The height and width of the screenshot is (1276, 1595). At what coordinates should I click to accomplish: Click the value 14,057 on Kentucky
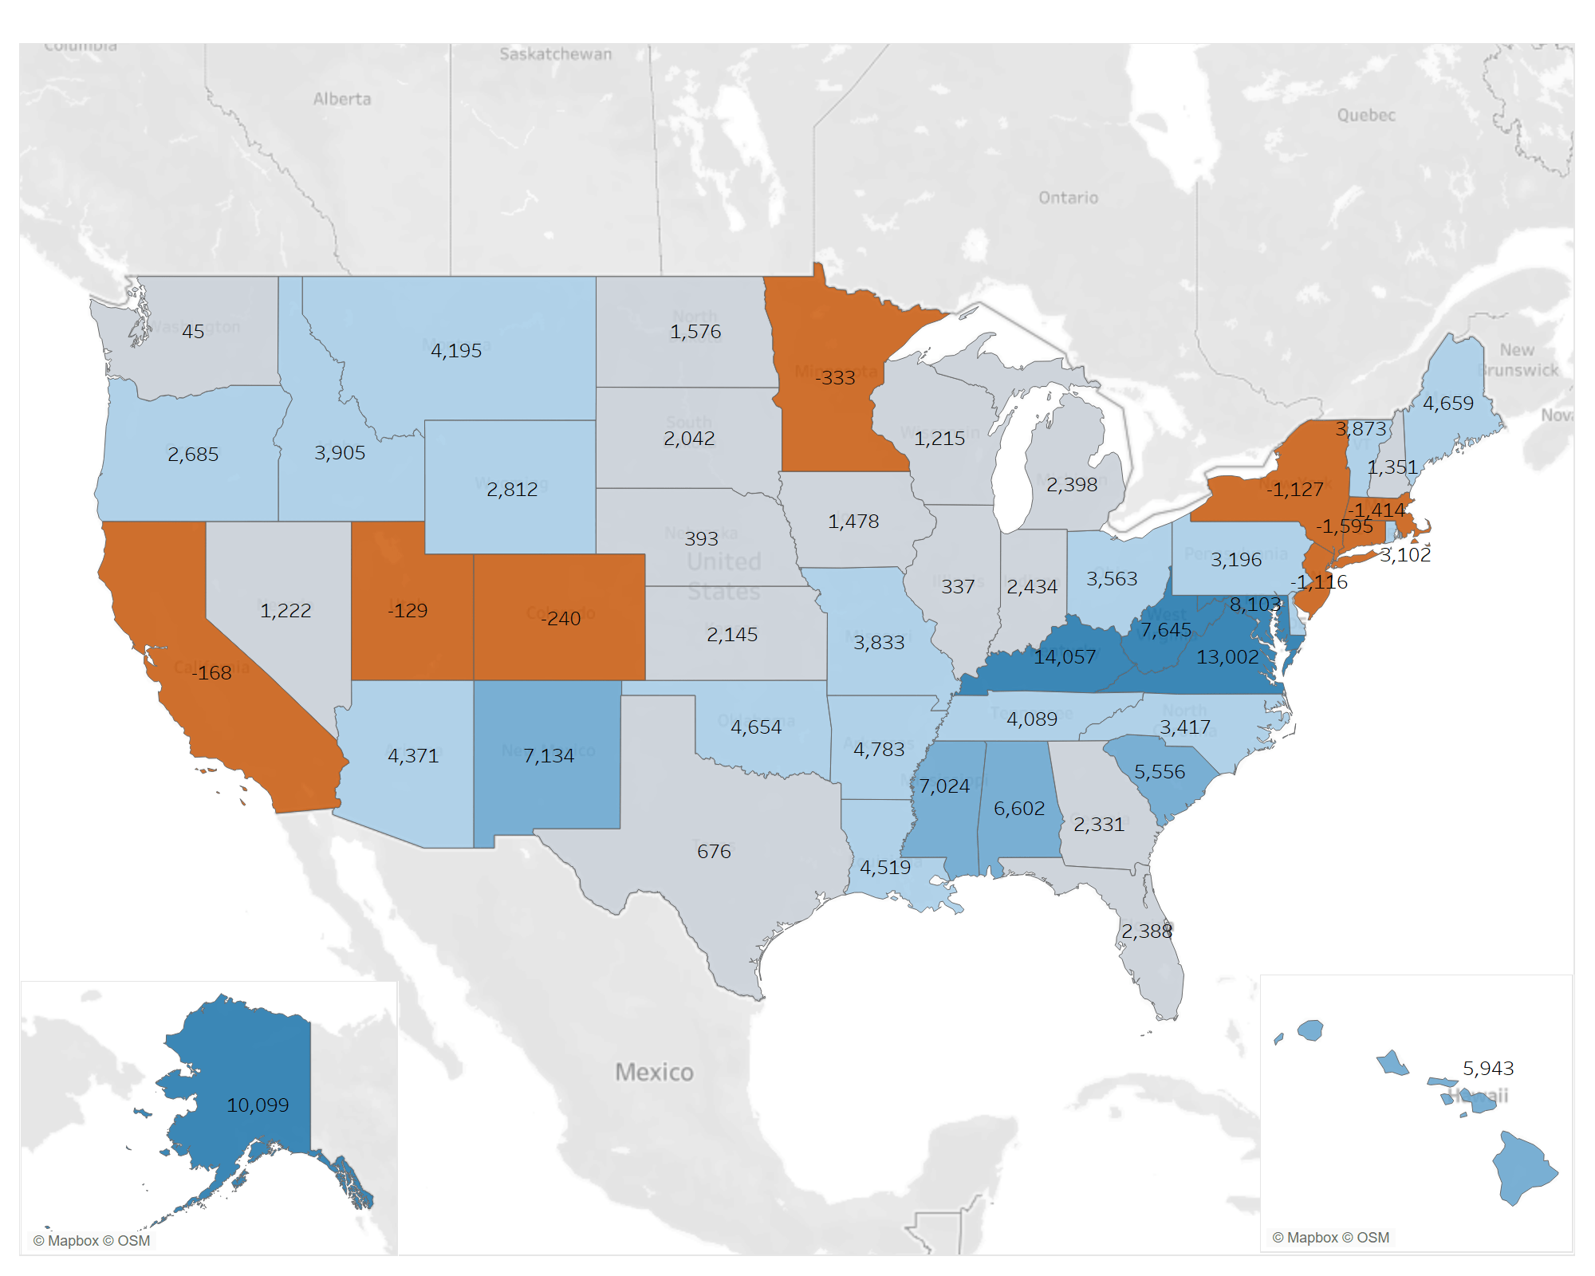(x=1065, y=657)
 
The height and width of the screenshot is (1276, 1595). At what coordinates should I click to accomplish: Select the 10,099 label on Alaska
(x=258, y=1105)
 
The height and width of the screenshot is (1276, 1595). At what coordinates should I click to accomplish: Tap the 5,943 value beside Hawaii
(x=1488, y=1069)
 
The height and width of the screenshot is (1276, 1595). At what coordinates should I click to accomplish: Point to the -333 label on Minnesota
(x=835, y=378)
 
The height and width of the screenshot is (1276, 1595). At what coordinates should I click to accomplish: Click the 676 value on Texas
(x=714, y=852)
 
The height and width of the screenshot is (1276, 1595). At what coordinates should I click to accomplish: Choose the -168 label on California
(x=212, y=673)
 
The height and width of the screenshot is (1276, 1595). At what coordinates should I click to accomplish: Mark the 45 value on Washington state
(x=193, y=332)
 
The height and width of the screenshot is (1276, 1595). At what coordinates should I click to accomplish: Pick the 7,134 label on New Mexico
(x=549, y=756)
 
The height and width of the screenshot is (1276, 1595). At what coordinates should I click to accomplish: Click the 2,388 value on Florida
(x=1147, y=931)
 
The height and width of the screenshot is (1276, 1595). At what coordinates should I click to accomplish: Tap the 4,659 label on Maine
(x=1448, y=404)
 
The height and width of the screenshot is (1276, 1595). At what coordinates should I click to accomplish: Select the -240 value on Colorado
(x=561, y=619)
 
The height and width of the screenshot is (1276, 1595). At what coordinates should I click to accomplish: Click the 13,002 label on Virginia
(x=1227, y=657)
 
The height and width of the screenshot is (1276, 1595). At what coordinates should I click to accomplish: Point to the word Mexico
(x=654, y=1073)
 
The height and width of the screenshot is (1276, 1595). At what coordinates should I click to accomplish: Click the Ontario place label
(x=1068, y=198)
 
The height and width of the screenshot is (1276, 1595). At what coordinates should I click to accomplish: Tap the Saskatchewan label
(x=556, y=54)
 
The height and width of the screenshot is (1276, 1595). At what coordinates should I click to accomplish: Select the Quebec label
(x=1366, y=116)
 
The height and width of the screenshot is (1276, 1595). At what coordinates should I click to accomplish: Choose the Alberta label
(x=342, y=99)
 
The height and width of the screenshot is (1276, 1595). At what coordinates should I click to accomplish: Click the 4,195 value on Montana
(x=456, y=351)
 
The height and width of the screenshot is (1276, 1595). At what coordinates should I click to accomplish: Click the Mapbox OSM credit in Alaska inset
(x=92, y=1241)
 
